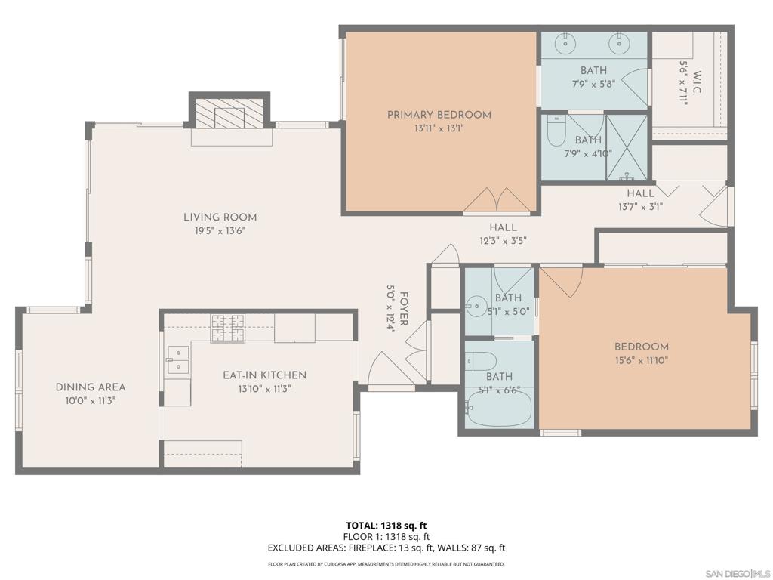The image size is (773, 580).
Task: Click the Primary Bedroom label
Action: [439, 115]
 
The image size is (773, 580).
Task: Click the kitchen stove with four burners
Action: [227, 329]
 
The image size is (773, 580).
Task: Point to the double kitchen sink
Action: [177, 359]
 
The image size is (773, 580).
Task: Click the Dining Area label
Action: [91, 387]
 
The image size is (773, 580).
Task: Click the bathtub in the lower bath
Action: [499, 409]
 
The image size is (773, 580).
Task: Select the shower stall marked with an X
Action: [626, 147]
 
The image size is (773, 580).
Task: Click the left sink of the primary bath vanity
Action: [565, 43]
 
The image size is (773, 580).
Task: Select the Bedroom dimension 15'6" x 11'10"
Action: [641, 360]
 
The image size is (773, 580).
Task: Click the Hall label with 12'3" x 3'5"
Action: [503, 227]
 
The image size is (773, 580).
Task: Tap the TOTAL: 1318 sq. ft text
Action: [386, 526]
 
